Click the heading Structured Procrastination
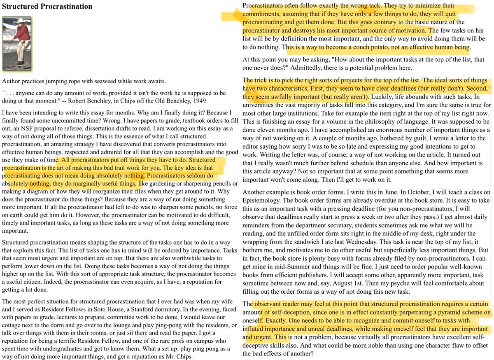[47, 7]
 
